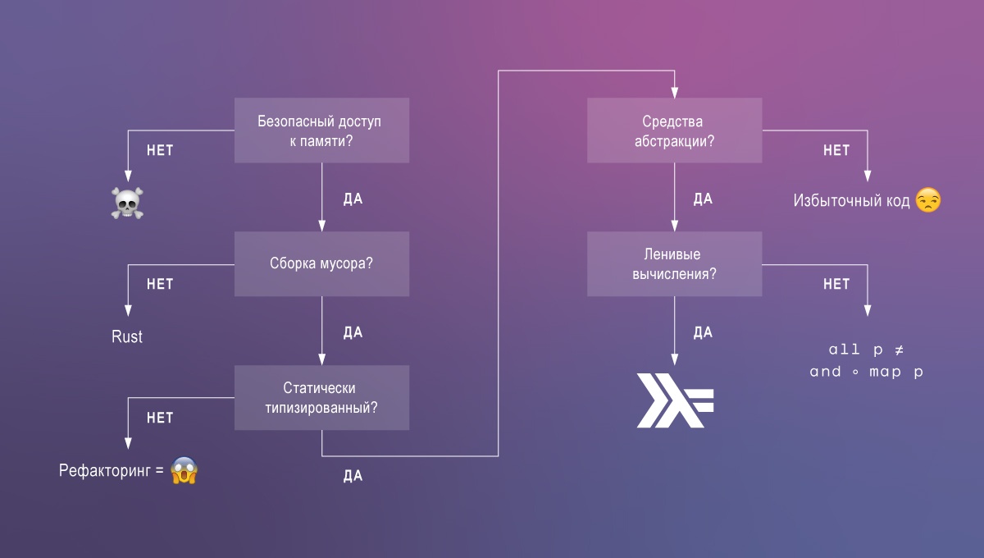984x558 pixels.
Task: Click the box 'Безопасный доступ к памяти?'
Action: [x=321, y=130]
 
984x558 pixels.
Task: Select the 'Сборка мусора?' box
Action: [x=321, y=264]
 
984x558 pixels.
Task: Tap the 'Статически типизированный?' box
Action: [x=321, y=397]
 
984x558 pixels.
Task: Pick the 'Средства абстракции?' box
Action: [x=674, y=130]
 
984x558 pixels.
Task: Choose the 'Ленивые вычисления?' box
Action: [x=674, y=264]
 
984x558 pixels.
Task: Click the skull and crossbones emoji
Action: [x=127, y=203]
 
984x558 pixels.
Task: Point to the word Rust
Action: [x=127, y=336]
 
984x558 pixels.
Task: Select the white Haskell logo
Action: [x=675, y=401]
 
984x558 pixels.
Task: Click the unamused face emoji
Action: [x=927, y=200]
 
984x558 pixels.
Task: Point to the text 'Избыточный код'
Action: [x=851, y=201]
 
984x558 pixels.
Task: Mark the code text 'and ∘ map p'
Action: [x=867, y=372]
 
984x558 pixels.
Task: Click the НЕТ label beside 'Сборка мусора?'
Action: [x=160, y=284]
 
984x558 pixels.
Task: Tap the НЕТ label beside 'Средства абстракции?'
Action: [x=836, y=150]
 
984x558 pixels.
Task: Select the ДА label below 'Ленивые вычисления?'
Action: [x=704, y=332]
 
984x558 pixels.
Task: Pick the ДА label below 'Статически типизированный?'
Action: [x=353, y=476]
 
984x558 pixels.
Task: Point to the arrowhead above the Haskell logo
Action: [x=674, y=359]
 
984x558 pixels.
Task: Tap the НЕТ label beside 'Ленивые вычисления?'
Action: [x=836, y=284]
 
